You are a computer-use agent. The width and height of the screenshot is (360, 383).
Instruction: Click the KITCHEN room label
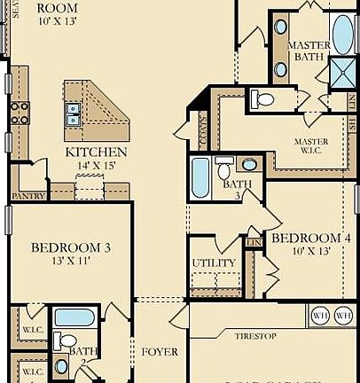(96, 152)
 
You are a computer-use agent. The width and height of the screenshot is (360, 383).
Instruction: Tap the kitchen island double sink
(72, 113)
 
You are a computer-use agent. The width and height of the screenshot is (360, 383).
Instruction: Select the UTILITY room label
(214, 263)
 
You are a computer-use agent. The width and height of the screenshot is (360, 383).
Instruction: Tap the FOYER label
(160, 352)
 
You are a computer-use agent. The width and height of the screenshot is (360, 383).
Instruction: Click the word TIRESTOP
(258, 336)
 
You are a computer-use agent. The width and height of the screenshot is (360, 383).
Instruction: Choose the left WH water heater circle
(319, 314)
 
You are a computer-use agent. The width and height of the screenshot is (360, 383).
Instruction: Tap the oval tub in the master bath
(342, 33)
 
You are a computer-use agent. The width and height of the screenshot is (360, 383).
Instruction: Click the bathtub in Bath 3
(200, 177)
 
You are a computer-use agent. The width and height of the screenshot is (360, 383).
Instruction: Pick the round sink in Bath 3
(249, 165)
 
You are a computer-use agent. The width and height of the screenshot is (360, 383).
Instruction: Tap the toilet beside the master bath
(263, 98)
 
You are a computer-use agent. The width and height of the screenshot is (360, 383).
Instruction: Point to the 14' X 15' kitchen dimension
(97, 166)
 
